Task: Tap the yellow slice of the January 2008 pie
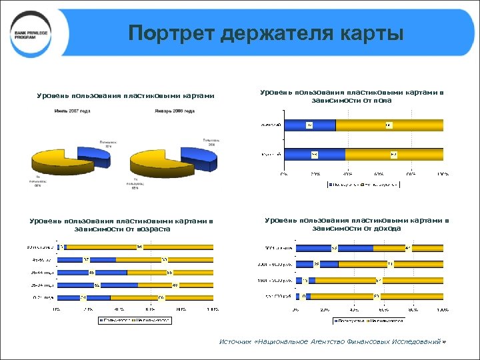(x=160, y=167)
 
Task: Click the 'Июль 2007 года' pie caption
(x=73, y=111)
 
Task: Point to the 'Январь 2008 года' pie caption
(x=175, y=111)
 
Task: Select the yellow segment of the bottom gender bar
(x=393, y=155)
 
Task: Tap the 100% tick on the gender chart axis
(x=442, y=174)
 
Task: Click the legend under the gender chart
(x=363, y=184)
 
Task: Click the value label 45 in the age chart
(x=91, y=272)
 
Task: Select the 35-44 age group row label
(x=43, y=272)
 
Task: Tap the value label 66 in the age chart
(x=160, y=297)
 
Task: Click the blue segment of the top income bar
(x=313, y=248)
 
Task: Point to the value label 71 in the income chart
(x=389, y=264)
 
